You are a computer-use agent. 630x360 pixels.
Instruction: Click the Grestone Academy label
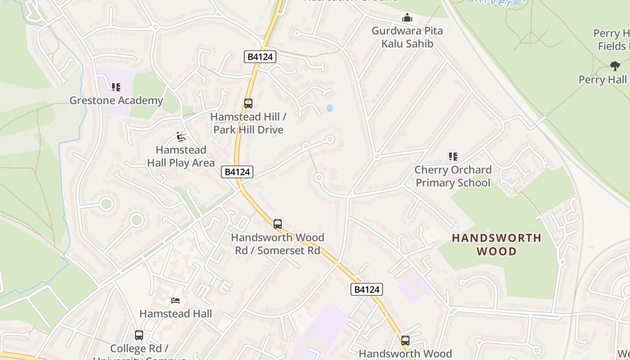(x=116, y=100)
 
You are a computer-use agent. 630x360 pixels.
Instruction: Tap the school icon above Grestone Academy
(x=116, y=87)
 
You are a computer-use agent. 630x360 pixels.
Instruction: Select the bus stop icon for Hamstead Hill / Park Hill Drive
(x=248, y=103)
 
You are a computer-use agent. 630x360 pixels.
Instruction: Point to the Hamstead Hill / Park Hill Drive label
(x=248, y=123)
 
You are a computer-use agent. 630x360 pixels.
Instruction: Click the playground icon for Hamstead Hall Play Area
(x=181, y=137)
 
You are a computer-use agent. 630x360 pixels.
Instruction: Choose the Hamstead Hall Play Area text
(x=181, y=156)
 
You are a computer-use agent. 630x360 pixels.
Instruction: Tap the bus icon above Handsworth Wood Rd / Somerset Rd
(x=278, y=224)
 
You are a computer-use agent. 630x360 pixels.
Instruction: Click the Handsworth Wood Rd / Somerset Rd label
(x=278, y=243)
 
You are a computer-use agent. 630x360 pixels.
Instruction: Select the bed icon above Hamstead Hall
(x=175, y=300)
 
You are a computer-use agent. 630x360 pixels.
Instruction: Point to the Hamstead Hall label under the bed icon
(x=175, y=313)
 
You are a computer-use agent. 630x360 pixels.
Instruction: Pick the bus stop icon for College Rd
(x=139, y=335)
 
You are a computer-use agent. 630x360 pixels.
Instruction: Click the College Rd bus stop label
(x=139, y=349)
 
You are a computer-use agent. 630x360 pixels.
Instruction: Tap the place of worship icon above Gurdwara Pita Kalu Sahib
(x=407, y=18)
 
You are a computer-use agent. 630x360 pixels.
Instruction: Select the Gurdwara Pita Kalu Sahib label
(x=407, y=37)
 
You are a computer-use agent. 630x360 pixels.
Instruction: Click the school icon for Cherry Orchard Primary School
(x=453, y=157)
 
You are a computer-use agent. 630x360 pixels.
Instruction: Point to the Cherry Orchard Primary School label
(x=453, y=176)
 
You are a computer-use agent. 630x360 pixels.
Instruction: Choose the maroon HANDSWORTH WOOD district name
(x=497, y=244)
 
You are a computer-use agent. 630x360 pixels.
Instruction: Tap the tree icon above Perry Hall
(x=615, y=66)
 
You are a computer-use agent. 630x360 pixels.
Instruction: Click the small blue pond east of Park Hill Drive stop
(x=330, y=108)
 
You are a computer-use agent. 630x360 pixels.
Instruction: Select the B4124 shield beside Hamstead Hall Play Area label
(x=237, y=171)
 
